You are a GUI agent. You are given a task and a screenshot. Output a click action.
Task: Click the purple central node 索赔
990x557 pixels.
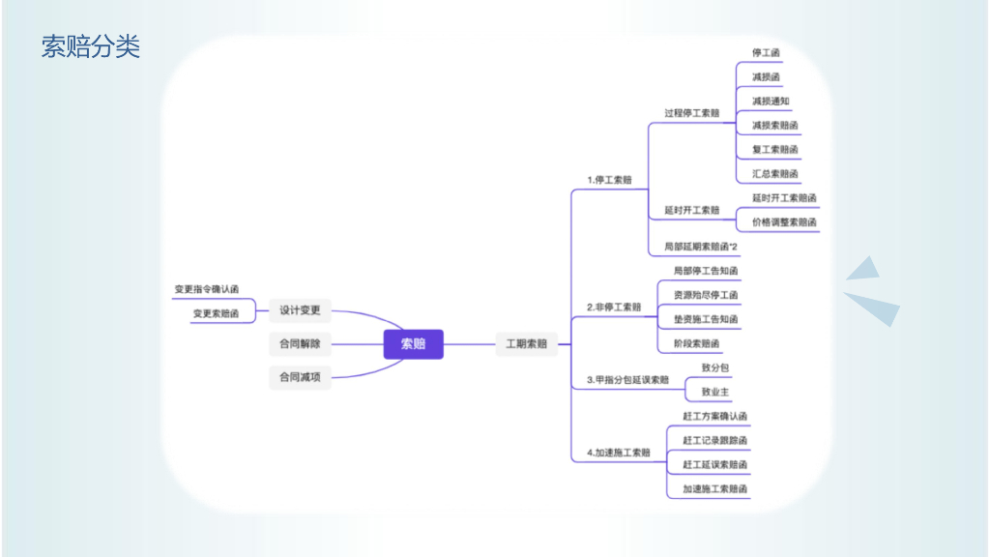click(x=413, y=343)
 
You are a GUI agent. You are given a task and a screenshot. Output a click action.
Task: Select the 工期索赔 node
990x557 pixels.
click(x=526, y=343)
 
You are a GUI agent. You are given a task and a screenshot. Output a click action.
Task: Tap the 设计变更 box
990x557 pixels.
click(x=300, y=310)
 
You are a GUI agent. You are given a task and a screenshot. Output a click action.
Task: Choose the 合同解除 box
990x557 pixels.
click(x=300, y=343)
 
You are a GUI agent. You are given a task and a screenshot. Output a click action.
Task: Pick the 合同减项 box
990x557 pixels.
click(x=300, y=377)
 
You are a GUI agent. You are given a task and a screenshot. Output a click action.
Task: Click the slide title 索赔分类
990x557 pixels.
click(x=91, y=46)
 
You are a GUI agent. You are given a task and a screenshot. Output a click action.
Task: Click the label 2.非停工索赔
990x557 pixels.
click(x=614, y=308)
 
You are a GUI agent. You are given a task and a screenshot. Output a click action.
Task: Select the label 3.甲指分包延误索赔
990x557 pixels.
click(x=627, y=380)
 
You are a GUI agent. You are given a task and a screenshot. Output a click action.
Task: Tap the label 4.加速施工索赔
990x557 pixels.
click(x=618, y=453)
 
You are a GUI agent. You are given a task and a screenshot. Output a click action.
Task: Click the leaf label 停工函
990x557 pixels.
click(x=766, y=52)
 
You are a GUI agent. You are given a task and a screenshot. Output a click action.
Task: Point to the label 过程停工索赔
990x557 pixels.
click(x=691, y=113)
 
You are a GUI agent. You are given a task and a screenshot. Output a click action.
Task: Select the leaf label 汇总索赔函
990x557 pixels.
click(x=774, y=174)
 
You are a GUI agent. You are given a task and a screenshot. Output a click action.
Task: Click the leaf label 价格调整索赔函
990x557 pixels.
click(x=784, y=222)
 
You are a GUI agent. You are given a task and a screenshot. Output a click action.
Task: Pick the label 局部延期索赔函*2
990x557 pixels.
click(x=700, y=247)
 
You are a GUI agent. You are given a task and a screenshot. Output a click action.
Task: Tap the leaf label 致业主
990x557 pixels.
click(x=715, y=392)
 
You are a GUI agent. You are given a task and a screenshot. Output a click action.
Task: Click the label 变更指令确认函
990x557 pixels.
click(x=206, y=289)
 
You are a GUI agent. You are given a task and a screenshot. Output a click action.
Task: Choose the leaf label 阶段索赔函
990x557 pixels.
click(x=696, y=343)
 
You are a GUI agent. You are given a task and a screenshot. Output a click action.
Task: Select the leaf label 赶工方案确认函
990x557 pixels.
click(x=714, y=416)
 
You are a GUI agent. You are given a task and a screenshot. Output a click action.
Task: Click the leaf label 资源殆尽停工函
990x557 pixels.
click(x=706, y=295)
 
